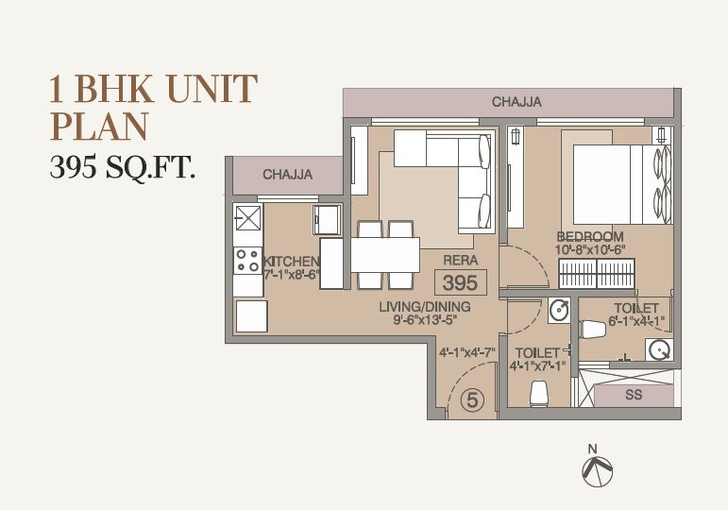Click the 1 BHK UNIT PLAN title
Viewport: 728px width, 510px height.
(x=152, y=107)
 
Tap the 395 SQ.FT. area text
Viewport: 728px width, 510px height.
(x=122, y=168)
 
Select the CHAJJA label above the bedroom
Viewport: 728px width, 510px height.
(x=516, y=102)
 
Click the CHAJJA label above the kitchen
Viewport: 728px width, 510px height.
(x=288, y=175)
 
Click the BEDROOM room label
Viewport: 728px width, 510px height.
(x=590, y=236)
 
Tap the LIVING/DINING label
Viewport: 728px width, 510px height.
(x=425, y=307)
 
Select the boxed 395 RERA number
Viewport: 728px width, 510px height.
(x=461, y=281)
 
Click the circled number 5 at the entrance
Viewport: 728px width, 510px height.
(x=473, y=400)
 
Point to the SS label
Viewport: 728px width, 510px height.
(x=634, y=395)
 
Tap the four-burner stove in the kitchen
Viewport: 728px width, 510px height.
(x=248, y=259)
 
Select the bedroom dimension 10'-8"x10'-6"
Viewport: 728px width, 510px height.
(x=591, y=249)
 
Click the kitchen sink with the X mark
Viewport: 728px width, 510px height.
(x=248, y=218)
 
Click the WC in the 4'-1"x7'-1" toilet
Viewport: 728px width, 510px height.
(x=539, y=391)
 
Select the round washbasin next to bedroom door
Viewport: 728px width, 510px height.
(x=558, y=309)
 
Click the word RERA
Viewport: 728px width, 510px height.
(x=461, y=260)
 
